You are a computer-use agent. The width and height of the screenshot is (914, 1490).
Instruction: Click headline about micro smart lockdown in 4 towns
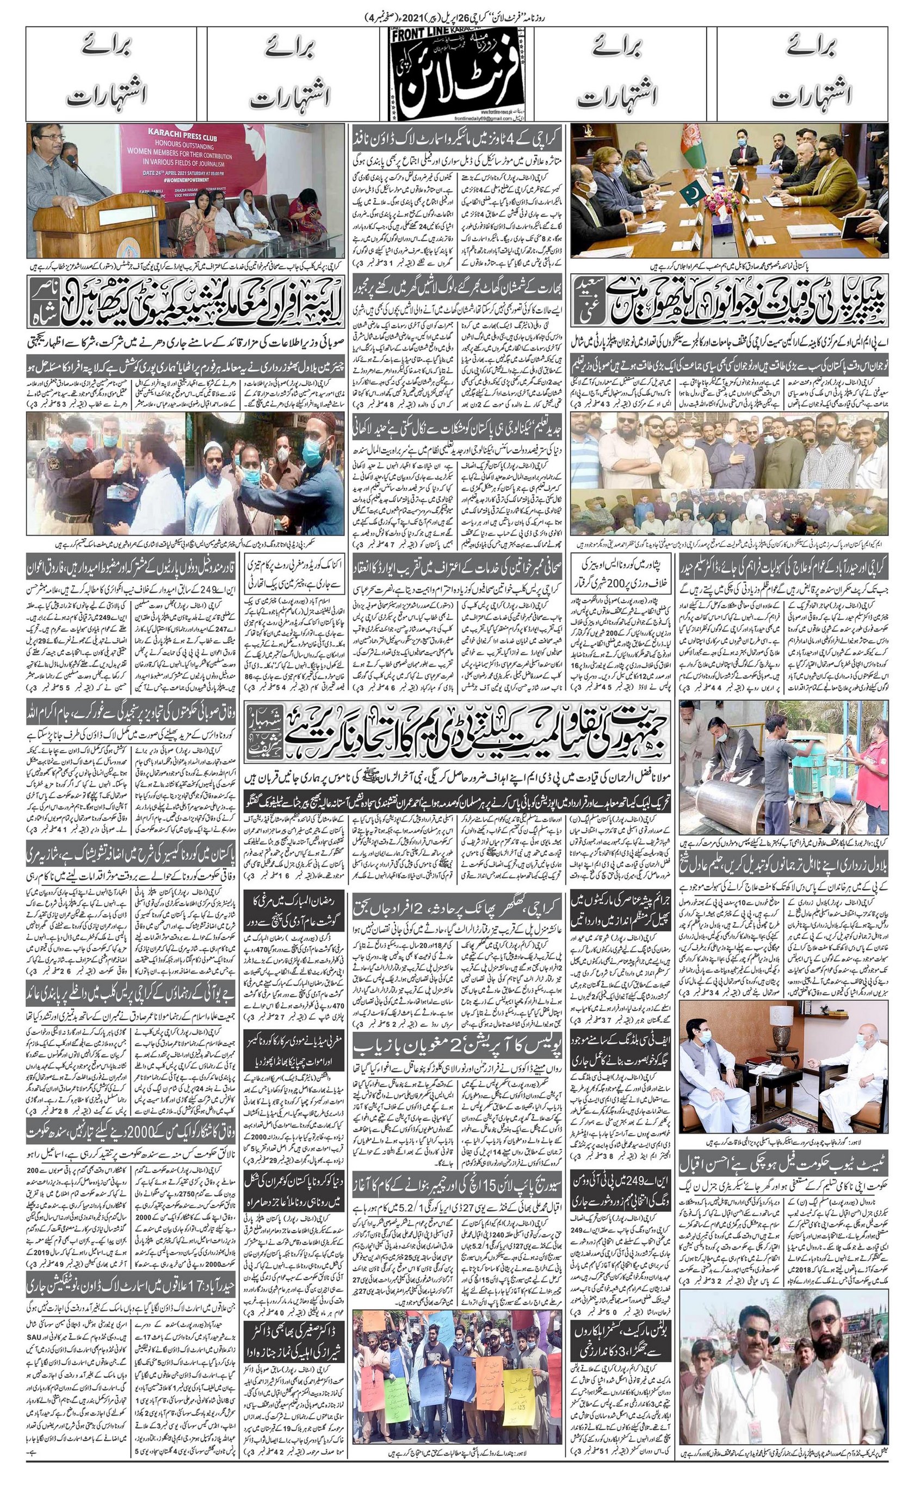pyautogui.click(x=457, y=140)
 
